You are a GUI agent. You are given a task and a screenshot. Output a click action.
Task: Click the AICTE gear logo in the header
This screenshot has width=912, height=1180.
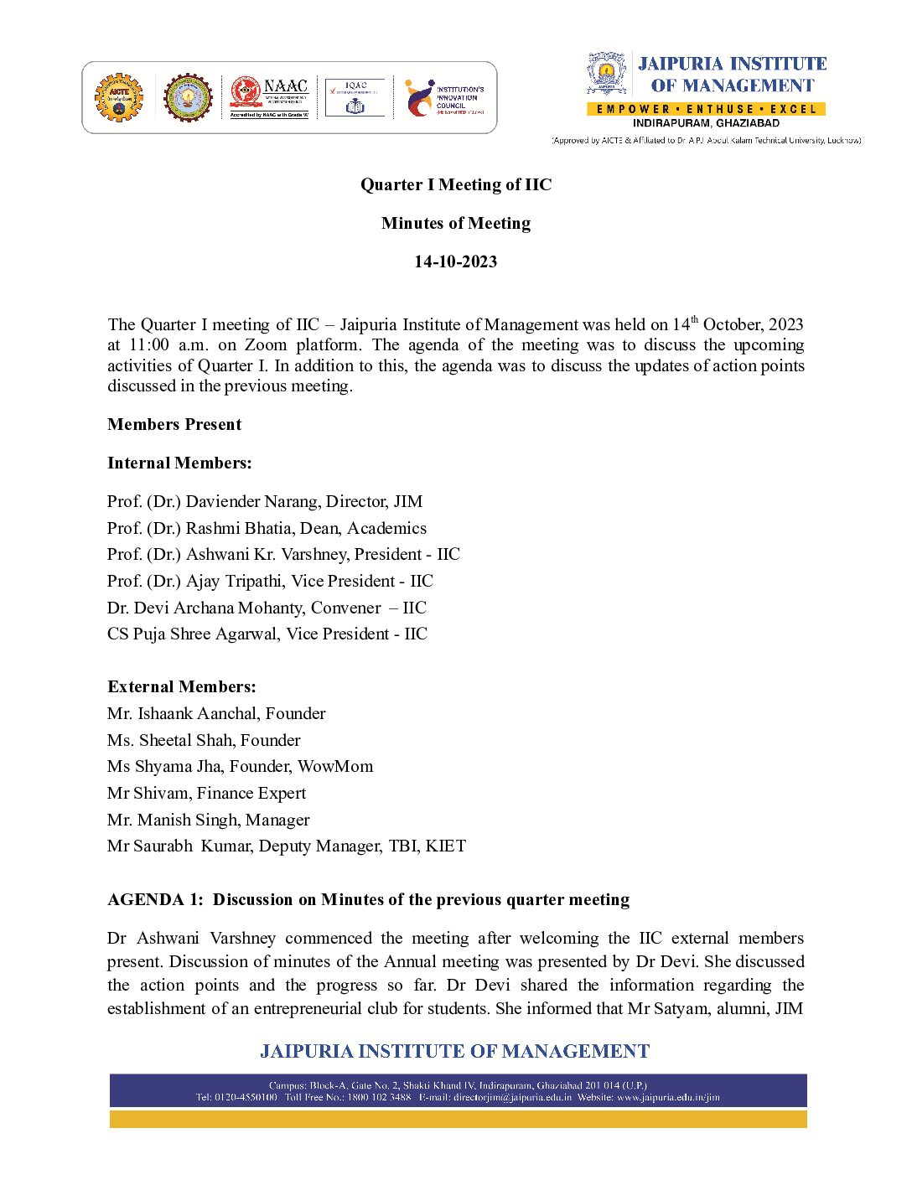pyautogui.click(x=119, y=97)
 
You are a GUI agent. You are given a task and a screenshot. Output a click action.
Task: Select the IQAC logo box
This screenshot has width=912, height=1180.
pyautogui.click(x=355, y=98)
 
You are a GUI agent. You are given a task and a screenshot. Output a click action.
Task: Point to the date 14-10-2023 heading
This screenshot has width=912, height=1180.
pyautogui.click(x=455, y=261)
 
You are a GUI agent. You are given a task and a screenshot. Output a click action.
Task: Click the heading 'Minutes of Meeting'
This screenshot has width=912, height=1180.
pyautogui.click(x=455, y=223)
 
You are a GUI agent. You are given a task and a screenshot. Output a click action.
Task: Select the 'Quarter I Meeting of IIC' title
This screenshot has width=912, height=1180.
pyautogui.click(x=455, y=184)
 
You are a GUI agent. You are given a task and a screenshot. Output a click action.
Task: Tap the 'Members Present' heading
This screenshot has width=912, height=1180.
pyautogui.click(x=174, y=424)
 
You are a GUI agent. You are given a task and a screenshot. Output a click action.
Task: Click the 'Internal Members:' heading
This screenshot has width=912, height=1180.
pyautogui.click(x=179, y=463)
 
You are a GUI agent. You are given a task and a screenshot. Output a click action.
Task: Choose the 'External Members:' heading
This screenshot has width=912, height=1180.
pyautogui.click(x=182, y=686)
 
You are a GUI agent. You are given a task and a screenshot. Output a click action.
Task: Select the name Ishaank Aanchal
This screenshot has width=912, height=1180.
pyautogui.click(x=197, y=713)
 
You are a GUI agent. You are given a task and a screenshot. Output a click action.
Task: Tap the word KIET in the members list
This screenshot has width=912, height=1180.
pyautogui.click(x=445, y=846)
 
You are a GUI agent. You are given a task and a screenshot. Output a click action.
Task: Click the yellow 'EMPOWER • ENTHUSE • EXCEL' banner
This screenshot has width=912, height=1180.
pyautogui.click(x=706, y=109)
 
